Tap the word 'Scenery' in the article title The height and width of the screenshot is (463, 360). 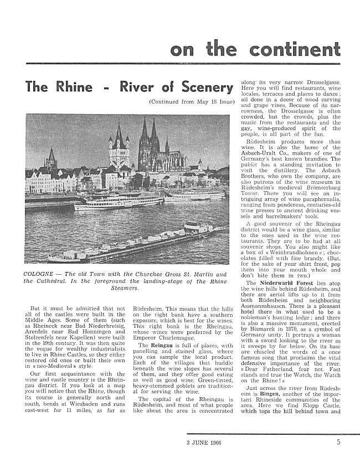(203, 88)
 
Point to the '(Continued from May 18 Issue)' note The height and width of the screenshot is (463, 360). (191, 102)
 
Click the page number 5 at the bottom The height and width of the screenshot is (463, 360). (338, 443)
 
